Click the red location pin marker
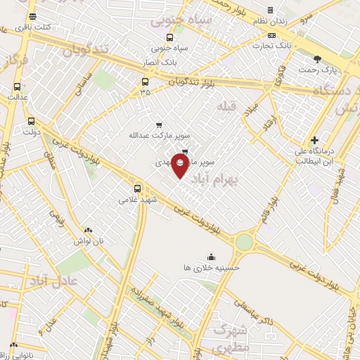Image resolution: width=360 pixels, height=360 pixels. [x=181, y=166]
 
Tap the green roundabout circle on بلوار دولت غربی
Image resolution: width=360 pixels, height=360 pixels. [x=244, y=243]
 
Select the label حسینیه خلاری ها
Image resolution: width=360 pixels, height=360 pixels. [x=212, y=268]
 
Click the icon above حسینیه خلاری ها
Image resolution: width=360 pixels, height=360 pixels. [x=212, y=257]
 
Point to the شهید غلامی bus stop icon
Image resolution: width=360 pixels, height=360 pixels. [x=138, y=188]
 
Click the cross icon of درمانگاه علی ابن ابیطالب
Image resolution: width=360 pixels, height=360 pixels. [x=314, y=140]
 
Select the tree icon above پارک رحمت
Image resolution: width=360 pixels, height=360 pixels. [x=317, y=59]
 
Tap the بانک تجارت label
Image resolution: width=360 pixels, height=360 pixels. [x=274, y=45]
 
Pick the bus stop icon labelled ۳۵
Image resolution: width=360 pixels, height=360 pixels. [x=145, y=81]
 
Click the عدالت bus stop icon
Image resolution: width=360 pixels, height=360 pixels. [x=17, y=87]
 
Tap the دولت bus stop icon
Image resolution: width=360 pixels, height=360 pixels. [x=31, y=120]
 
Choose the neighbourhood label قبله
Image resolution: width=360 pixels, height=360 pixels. [x=226, y=105]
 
